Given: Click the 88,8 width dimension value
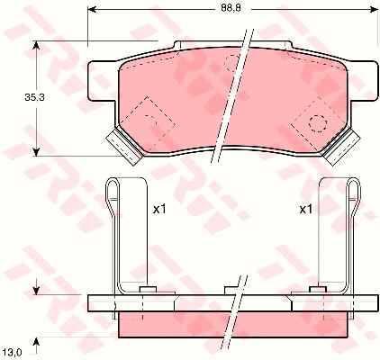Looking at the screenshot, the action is pos(231,8).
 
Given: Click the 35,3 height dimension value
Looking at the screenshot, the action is pos(34,97).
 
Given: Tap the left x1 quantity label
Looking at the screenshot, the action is pos(159,210).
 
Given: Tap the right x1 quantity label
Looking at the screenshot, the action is pos(306,210).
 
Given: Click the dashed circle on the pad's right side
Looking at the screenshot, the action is pos(318,123).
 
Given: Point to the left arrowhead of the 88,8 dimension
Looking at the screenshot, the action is pos(91,10).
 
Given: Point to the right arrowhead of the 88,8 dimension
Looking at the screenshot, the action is pos(374,10).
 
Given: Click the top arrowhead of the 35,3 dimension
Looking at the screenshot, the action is pos(36,46).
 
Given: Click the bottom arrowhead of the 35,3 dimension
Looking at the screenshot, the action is pos(36,151).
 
